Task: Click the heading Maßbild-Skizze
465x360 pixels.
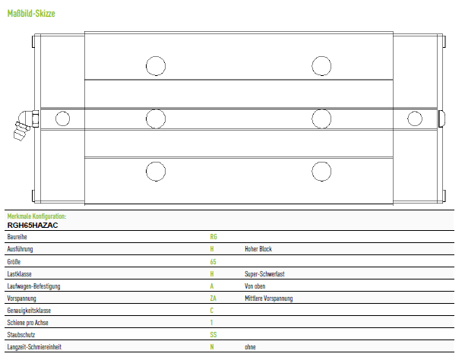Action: click(31, 14)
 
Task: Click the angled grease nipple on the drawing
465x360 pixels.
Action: click(24, 125)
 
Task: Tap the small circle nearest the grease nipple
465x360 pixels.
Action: click(62, 118)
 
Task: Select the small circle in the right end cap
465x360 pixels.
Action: click(415, 118)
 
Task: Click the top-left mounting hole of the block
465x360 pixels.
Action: click(156, 66)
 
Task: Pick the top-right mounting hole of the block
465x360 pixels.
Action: click(321, 66)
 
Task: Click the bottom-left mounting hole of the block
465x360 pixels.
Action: click(156, 172)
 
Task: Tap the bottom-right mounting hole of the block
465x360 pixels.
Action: click(321, 172)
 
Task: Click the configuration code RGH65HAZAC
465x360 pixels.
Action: click(33, 226)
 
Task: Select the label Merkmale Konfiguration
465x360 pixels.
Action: click(36, 216)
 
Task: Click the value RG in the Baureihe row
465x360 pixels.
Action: click(214, 237)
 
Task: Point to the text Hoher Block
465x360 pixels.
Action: click(258, 249)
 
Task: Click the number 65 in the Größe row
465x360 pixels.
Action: click(214, 261)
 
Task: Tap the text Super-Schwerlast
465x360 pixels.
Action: click(264, 273)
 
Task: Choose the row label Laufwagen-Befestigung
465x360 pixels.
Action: click(33, 286)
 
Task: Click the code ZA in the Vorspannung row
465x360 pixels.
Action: click(214, 298)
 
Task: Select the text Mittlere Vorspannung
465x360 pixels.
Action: click(269, 298)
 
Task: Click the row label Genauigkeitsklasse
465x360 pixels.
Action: click(29, 311)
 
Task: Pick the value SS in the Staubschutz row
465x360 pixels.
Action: click(214, 335)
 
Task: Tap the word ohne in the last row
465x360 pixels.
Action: click(250, 347)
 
